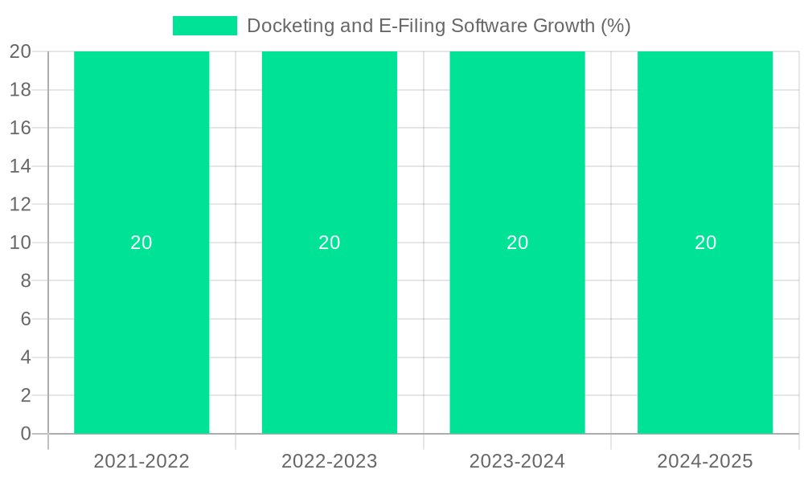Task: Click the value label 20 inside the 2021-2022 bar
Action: [142, 243]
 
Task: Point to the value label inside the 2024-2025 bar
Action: [705, 243]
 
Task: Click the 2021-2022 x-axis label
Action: [142, 461]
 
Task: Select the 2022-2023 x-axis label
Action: [330, 461]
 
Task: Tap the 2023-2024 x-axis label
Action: [517, 461]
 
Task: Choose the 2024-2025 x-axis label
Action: [705, 461]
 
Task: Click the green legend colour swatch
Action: [205, 26]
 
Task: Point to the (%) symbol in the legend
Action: [615, 26]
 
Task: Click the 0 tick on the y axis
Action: [26, 434]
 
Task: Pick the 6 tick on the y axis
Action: [26, 319]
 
